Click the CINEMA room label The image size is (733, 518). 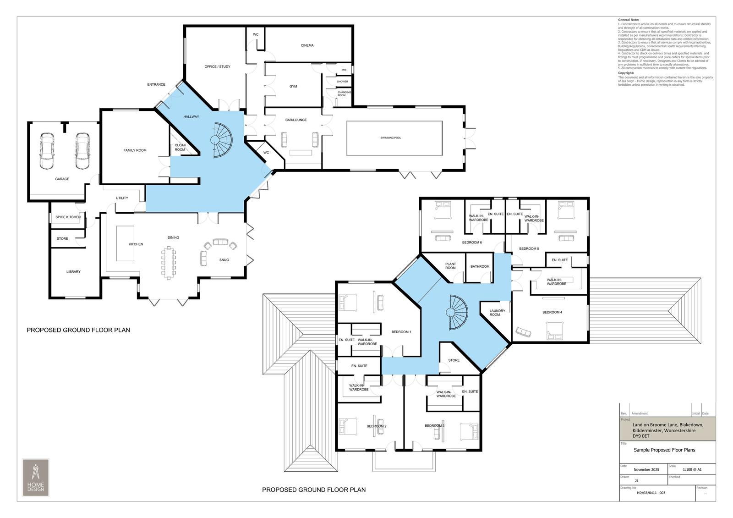(x=307, y=45)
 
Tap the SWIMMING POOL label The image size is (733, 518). (x=390, y=138)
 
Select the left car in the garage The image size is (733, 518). (x=48, y=151)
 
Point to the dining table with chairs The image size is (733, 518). (x=169, y=262)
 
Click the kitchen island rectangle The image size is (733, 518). (x=123, y=243)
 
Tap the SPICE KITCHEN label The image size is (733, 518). (x=68, y=217)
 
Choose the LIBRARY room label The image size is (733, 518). (x=73, y=272)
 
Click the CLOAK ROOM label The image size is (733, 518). (x=180, y=148)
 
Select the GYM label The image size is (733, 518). (x=293, y=86)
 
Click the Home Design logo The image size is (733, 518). (x=35, y=477)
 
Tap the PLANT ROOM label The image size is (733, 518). (x=451, y=266)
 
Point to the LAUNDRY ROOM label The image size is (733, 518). (x=497, y=313)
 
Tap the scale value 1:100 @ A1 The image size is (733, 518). (x=692, y=469)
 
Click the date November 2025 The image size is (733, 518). (x=646, y=469)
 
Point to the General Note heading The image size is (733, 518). (x=628, y=20)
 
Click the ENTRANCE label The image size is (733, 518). (x=156, y=84)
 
